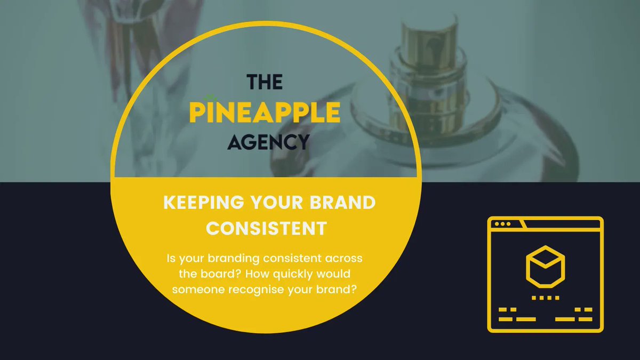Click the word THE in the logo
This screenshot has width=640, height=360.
click(264, 82)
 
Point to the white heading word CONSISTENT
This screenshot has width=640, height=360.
click(266, 228)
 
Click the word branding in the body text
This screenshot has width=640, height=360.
click(226, 259)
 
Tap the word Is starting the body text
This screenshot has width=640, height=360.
click(171, 259)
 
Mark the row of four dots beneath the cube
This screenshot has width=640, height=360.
click(545, 298)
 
